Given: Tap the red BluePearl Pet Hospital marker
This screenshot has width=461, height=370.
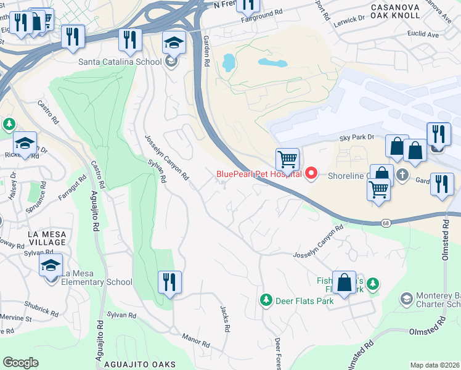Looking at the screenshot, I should coord(311,174).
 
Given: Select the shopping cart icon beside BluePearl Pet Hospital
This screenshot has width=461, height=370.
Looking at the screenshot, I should coord(287,159).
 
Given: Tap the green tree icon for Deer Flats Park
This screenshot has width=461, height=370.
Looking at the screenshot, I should coord(266,300).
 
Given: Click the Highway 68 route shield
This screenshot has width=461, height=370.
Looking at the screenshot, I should coord(385,222).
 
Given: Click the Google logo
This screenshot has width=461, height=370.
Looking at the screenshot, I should coord(20,362).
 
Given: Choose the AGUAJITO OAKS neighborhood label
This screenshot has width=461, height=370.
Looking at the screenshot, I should coord(141,364).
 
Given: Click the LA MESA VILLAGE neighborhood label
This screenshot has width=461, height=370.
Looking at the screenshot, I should coord(38,237).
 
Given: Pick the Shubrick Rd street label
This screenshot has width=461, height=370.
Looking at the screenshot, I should coord(41,302).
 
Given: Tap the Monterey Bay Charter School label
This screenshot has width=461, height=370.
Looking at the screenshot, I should coord(438,299).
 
